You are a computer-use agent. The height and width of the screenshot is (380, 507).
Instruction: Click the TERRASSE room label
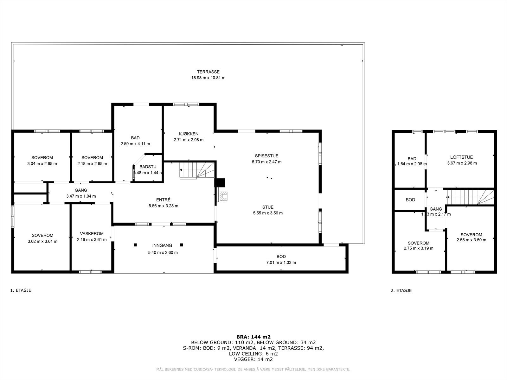(x=208, y=72)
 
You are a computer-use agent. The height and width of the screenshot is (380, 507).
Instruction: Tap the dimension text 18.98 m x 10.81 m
(x=208, y=78)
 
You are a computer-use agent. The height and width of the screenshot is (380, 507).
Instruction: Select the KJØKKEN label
(x=189, y=134)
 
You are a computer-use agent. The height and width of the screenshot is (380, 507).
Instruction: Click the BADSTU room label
(x=148, y=167)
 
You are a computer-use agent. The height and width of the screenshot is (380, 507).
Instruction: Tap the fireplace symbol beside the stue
(x=224, y=197)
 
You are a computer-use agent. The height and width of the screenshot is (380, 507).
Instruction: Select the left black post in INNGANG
(x=135, y=245)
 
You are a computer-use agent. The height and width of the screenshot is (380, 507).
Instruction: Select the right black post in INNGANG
(x=182, y=245)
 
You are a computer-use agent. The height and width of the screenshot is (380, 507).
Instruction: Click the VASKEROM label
(x=92, y=234)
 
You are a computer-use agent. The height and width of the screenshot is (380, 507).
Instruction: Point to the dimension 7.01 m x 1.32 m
(x=281, y=263)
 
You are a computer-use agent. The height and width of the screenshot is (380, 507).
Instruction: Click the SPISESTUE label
(x=266, y=156)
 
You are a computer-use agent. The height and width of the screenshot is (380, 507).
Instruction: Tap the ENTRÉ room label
(x=163, y=200)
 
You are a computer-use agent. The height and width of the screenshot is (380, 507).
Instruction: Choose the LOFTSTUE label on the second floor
(x=461, y=157)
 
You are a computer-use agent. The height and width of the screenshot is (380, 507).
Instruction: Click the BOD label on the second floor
(x=410, y=200)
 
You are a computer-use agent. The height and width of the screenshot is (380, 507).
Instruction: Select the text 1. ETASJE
(x=21, y=290)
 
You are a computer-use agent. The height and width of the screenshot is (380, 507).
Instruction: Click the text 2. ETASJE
(x=401, y=290)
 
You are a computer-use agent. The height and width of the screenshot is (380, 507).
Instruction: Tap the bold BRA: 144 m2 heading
(x=253, y=337)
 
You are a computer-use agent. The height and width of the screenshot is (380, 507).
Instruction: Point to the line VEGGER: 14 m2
(x=253, y=359)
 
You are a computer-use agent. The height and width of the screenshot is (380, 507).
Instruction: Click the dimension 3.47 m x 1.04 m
(x=81, y=196)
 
